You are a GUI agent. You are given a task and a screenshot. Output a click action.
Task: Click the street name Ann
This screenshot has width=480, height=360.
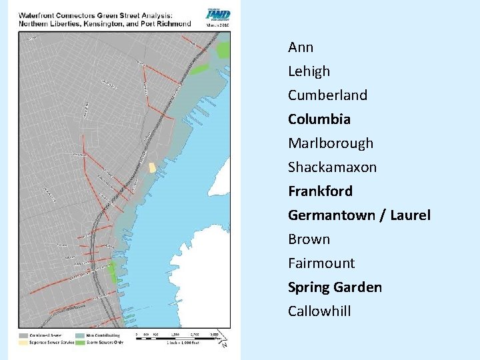tap(301, 47)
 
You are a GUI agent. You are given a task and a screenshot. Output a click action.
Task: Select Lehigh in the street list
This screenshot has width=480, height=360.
tap(309, 71)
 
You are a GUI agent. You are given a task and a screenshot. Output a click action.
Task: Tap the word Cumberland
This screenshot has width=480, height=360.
tap(327, 95)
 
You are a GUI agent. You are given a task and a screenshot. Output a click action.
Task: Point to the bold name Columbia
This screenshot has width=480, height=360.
tap(319, 119)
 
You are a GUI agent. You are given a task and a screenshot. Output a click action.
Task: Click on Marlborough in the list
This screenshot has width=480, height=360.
tap(331, 143)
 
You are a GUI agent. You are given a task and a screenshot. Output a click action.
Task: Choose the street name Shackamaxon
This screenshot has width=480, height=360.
tap(332, 167)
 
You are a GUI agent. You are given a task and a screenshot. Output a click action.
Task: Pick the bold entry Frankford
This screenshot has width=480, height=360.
tap(320, 191)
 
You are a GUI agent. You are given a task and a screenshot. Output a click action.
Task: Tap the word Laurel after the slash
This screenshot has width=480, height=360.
tap(409, 215)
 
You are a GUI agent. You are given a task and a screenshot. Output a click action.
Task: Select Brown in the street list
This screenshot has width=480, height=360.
tap(309, 239)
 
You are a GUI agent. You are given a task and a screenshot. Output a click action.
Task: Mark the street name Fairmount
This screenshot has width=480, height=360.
tap(321, 263)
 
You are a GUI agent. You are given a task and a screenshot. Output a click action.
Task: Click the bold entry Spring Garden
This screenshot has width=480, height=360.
tap(335, 287)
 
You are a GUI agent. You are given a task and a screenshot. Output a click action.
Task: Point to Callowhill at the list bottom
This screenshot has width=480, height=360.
tap(319, 311)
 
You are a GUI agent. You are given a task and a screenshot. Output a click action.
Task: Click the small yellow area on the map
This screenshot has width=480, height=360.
tap(152, 167)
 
